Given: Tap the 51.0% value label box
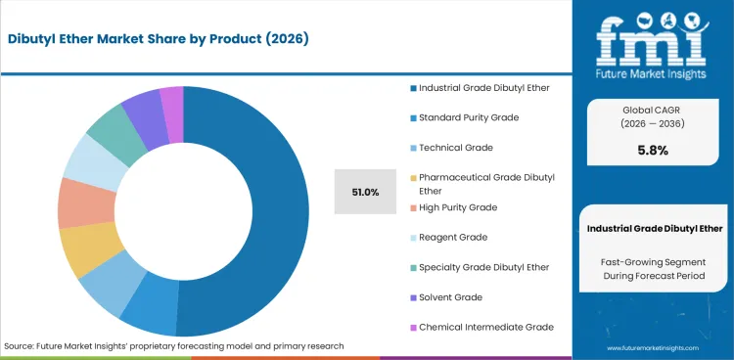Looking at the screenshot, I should point(364,192).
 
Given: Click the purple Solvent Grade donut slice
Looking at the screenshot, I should point(141,109).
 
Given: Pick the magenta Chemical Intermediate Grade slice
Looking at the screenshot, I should point(172,101).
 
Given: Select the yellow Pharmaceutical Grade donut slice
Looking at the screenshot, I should point(79,249).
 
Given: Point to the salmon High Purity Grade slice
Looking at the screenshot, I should point(73,202).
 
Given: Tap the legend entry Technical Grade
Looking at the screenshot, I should point(455,147).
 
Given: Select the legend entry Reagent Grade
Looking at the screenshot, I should point(453,237).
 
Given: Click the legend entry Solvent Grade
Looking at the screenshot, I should point(450,296).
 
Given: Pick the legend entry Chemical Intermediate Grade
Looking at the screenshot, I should point(485,326).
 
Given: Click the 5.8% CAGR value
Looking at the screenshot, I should point(652,151).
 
